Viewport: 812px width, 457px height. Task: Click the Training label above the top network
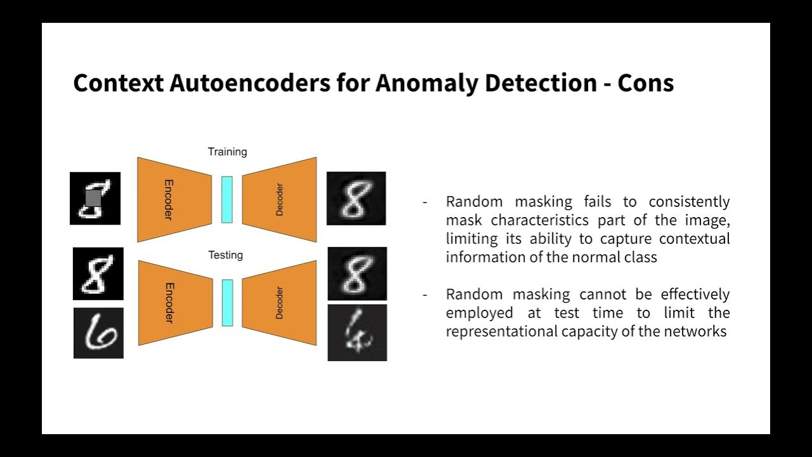coord(227,152)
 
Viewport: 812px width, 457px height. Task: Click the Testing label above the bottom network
coord(225,255)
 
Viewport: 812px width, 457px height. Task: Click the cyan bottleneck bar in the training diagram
coord(226,200)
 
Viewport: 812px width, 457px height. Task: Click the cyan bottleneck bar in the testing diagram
coord(226,303)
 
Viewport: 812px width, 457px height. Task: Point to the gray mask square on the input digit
coord(93,199)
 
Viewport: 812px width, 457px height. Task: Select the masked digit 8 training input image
coord(95,198)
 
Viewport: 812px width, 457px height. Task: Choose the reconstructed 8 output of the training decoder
coord(356,198)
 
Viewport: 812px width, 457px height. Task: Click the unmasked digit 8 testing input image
coord(98,274)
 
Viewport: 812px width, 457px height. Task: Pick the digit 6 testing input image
coord(98,333)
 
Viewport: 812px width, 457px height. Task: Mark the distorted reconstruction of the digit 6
coord(357,333)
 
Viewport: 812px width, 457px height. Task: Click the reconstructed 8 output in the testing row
coord(357,274)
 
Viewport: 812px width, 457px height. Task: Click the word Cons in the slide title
coord(645,83)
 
